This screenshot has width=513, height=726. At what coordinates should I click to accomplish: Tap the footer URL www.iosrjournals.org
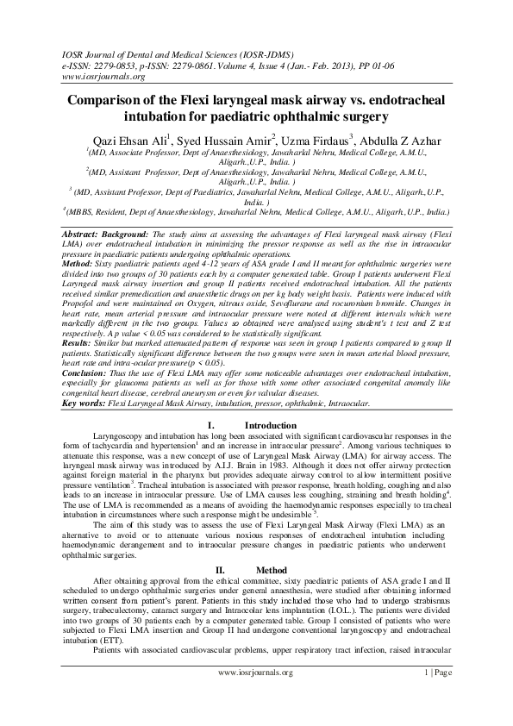pyautogui.click(x=256, y=695)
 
